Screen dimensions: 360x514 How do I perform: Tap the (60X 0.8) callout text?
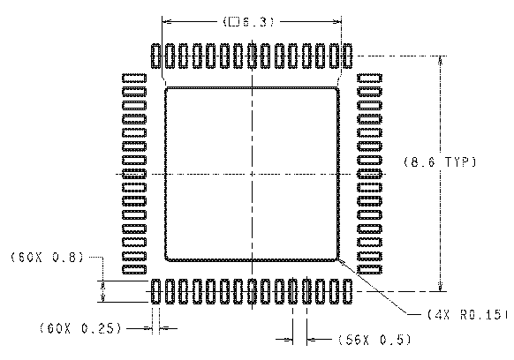pos(46,258)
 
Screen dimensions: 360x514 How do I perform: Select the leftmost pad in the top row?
pos(156,56)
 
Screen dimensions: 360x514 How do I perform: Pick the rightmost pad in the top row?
pos(349,56)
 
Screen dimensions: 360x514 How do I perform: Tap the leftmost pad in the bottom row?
pos(156,291)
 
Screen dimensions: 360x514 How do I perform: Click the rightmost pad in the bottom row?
pos(349,291)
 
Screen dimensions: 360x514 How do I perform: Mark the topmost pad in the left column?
pos(132,79)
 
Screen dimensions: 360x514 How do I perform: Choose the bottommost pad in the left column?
pos(132,267)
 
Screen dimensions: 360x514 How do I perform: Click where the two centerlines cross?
pos(253,174)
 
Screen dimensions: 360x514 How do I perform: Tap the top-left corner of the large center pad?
pos(167,88)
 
